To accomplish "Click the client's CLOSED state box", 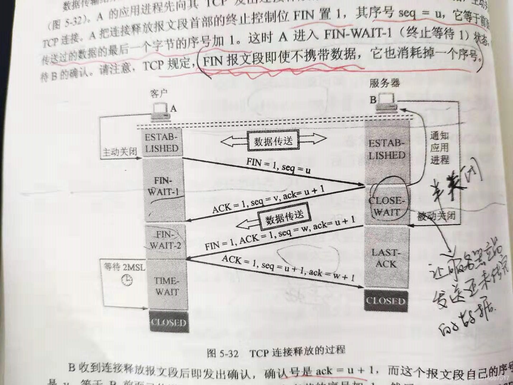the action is click(x=169, y=322).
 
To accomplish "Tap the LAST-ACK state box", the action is click(x=386, y=258).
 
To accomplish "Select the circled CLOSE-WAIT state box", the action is click(x=387, y=206).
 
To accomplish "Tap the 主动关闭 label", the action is click(x=120, y=152).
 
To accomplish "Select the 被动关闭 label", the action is click(x=436, y=216).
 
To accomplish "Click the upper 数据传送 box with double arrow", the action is click(x=273, y=142).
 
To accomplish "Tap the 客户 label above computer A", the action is click(x=159, y=94).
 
